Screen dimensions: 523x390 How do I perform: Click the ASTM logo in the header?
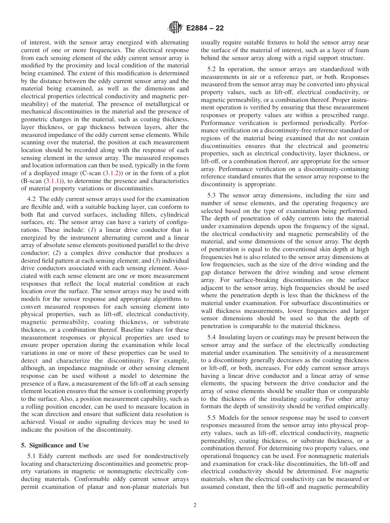click(175, 28)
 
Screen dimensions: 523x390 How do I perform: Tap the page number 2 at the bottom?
click(195, 505)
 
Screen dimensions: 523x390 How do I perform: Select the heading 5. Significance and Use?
click(55, 445)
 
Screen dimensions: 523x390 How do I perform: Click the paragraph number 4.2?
click(32, 199)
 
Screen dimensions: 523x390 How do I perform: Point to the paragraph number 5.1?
click(32, 456)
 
